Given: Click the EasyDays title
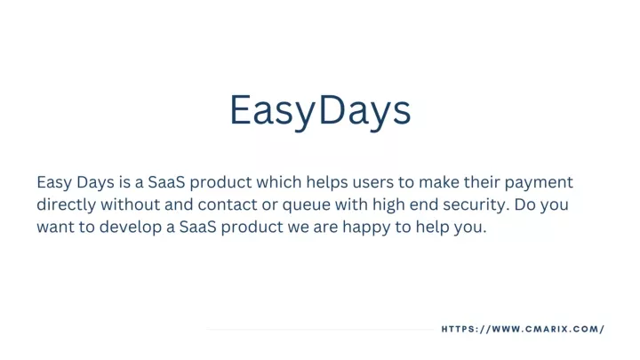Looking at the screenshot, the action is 320,110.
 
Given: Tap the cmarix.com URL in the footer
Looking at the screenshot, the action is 523,329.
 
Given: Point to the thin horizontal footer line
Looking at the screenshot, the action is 320,329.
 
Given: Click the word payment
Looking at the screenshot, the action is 539,182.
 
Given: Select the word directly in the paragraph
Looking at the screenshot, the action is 67,204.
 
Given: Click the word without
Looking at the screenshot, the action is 130,204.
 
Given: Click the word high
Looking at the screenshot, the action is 388,204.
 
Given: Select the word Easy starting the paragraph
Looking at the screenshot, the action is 54,182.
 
